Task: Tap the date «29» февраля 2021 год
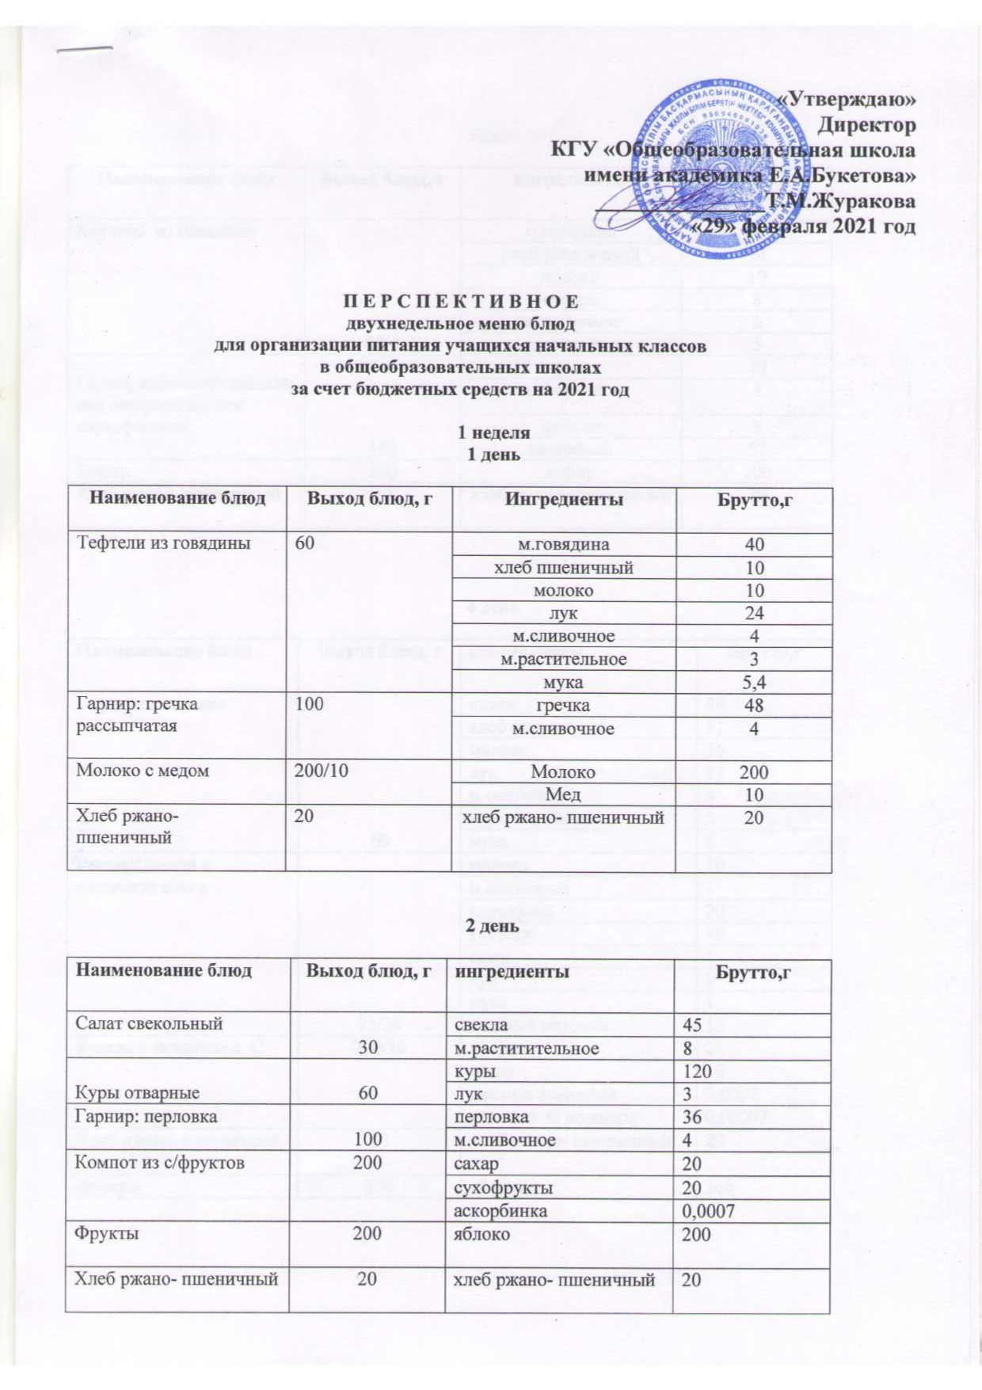(804, 227)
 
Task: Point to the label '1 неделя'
(494, 433)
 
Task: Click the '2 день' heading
(492, 926)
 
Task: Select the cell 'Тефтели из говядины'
(163, 543)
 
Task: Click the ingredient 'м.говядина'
(563, 544)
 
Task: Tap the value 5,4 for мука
(754, 682)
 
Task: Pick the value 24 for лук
(754, 613)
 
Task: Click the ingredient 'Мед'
(563, 794)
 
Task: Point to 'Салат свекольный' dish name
(148, 1023)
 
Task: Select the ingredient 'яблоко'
(481, 1234)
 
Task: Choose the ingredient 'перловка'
(491, 1117)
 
